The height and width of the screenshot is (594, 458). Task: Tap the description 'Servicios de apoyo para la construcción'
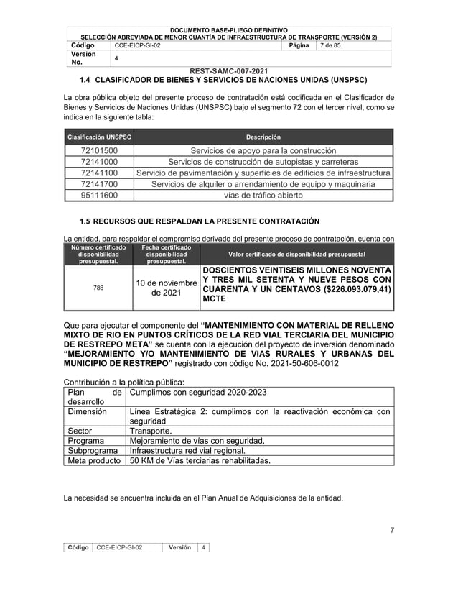pyautogui.click(x=263, y=151)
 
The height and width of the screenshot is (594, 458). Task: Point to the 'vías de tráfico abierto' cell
pyautogui.click(x=263, y=195)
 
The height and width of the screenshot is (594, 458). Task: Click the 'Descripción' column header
pyautogui.click(x=263, y=137)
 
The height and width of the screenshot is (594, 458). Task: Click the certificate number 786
pyautogui.click(x=98, y=288)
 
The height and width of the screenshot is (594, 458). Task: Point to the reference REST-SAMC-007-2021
pyautogui.click(x=229, y=70)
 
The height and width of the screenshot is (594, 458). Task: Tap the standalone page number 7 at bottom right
pyautogui.click(x=392, y=531)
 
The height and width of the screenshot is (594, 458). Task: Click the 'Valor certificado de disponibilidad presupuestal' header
pyautogui.click(x=296, y=255)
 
